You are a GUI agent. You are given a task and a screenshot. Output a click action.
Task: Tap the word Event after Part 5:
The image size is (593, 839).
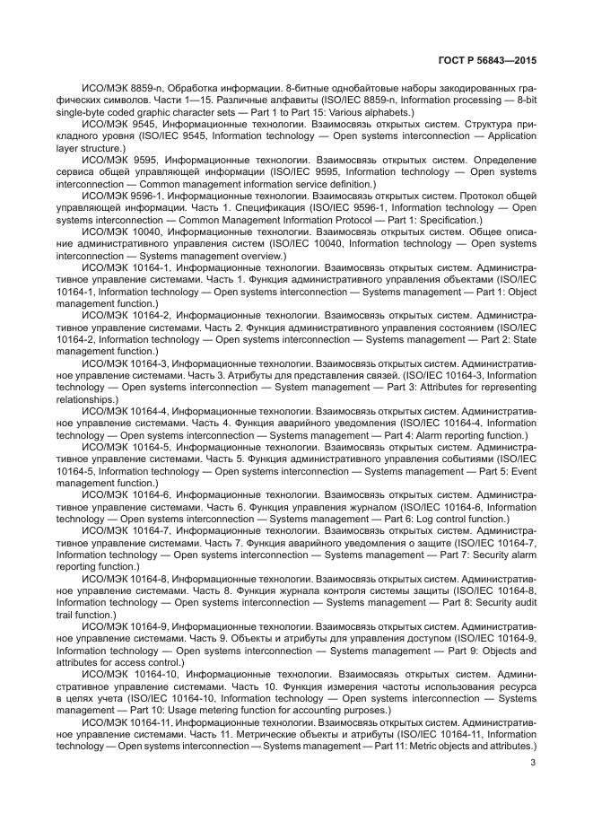(x=522, y=471)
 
